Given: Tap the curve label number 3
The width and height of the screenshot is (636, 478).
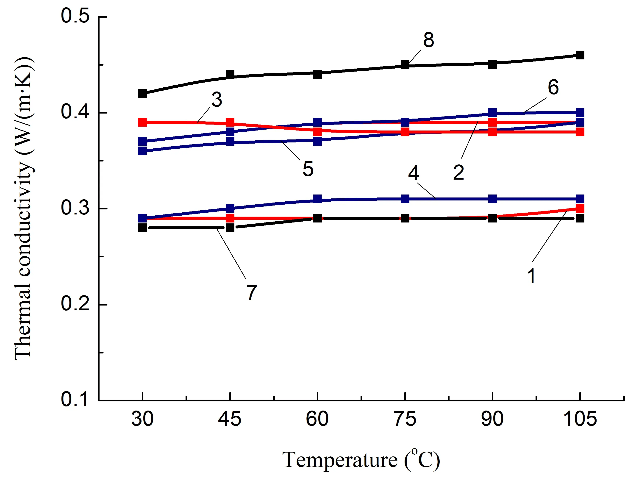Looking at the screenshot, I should click(217, 100).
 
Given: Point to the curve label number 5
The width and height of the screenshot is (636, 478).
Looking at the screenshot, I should click(308, 169).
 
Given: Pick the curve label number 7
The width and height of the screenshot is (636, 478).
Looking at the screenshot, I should click(252, 292).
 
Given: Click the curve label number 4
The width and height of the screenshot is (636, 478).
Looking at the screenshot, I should click(414, 173).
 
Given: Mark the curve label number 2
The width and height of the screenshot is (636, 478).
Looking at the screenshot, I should click(459, 172).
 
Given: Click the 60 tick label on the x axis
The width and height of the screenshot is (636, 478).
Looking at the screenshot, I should click(317, 419).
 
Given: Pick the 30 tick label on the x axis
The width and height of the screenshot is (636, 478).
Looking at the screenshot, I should click(142, 419).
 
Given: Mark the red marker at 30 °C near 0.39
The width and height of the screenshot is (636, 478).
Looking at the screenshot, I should click(142, 122).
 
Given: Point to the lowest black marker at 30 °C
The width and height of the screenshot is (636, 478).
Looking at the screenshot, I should click(142, 228).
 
